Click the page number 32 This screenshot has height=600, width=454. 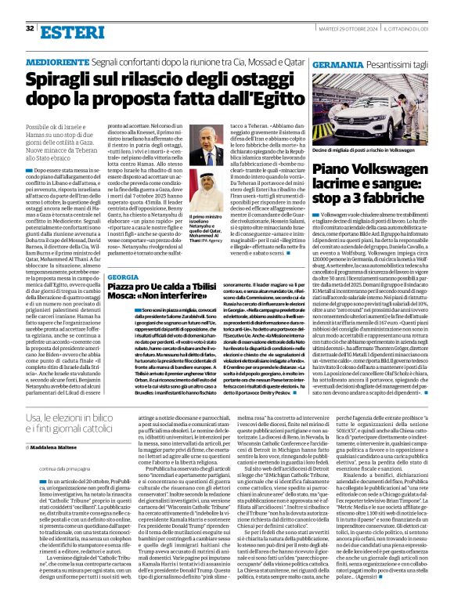coord(29,29)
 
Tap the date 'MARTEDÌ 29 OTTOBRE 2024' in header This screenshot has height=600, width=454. coord(351,29)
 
